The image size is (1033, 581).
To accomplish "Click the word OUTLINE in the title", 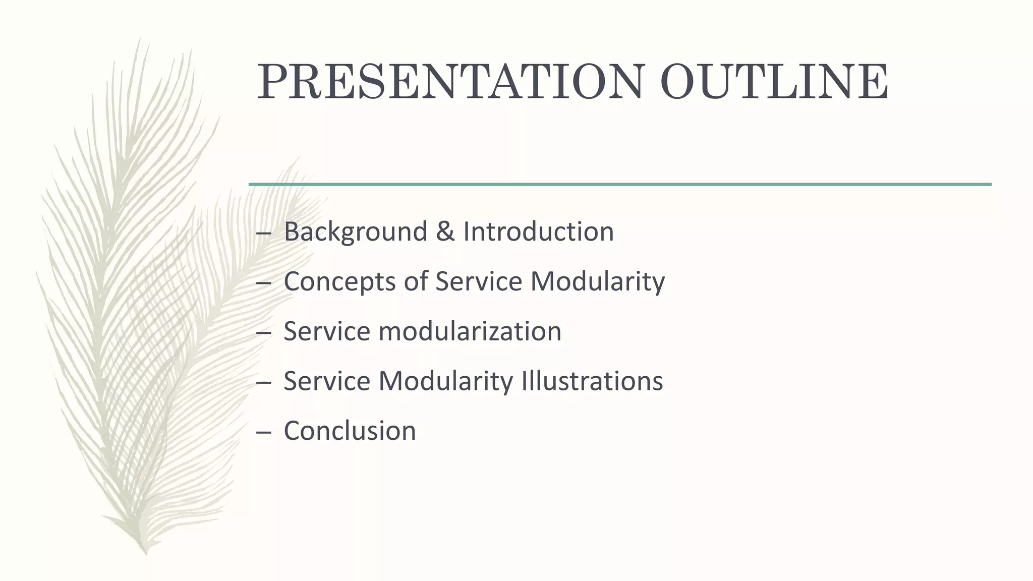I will click(774, 82).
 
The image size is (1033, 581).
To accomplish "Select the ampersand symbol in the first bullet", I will click(445, 231).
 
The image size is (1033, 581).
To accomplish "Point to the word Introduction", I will click(538, 231).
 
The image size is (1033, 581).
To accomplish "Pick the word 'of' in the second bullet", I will click(415, 281).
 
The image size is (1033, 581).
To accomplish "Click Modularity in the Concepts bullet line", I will click(597, 281).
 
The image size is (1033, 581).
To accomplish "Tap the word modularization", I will click(470, 331).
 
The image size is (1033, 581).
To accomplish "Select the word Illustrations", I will click(592, 381).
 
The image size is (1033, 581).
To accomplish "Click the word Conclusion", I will click(350, 431).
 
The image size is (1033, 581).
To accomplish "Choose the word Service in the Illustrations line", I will click(327, 381).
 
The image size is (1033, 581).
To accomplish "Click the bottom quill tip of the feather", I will click(146, 552).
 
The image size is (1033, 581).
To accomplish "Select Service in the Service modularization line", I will click(327, 331).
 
